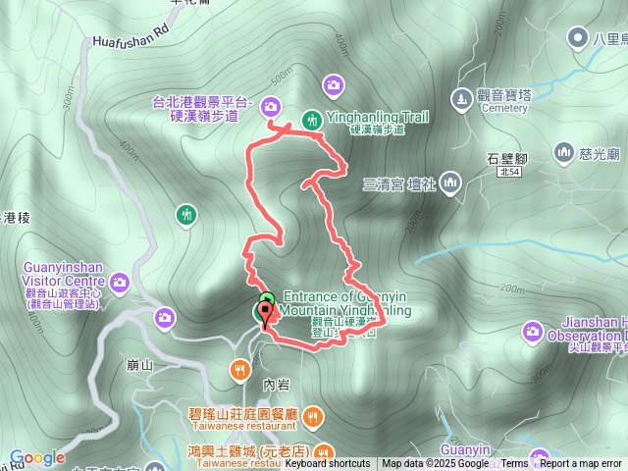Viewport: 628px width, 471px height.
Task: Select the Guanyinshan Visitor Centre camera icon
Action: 120,283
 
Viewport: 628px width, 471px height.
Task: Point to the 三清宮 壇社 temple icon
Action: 450,183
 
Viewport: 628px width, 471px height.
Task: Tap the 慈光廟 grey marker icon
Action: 563,152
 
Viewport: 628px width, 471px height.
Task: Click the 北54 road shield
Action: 508,172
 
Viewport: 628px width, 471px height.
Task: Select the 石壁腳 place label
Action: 507,157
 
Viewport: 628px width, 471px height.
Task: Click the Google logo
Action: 36,457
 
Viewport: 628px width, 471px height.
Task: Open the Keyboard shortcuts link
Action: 328,464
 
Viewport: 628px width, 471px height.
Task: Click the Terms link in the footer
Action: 514,464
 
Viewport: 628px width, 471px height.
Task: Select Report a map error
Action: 581,464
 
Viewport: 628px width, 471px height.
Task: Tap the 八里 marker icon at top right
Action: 578,38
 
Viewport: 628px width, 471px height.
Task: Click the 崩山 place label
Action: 140,365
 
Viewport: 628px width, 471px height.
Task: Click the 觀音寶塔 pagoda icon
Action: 460,98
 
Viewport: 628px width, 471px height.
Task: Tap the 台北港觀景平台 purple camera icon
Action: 269,106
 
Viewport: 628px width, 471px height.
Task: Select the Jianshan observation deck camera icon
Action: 533,333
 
